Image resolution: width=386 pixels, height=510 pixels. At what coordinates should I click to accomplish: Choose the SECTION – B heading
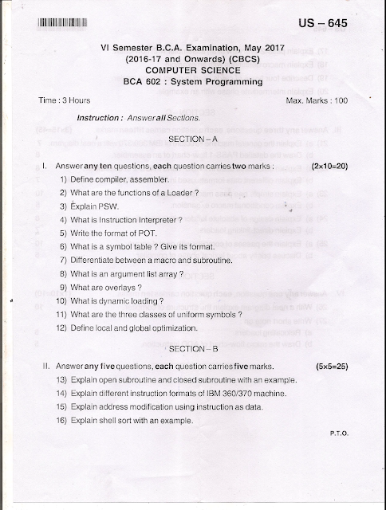(x=192, y=350)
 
